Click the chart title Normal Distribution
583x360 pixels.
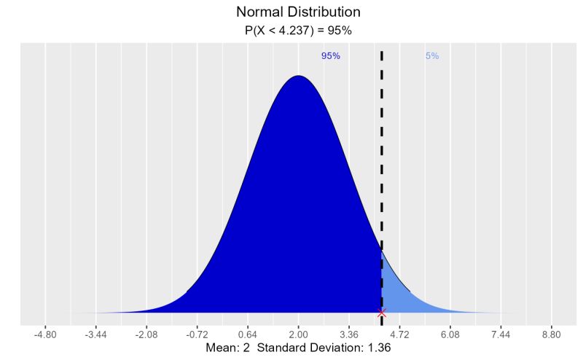click(x=298, y=12)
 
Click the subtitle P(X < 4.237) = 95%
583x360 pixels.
click(x=298, y=31)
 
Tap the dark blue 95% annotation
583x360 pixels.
click(x=330, y=56)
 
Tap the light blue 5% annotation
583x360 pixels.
click(x=432, y=56)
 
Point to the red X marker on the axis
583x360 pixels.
click(x=381, y=313)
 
